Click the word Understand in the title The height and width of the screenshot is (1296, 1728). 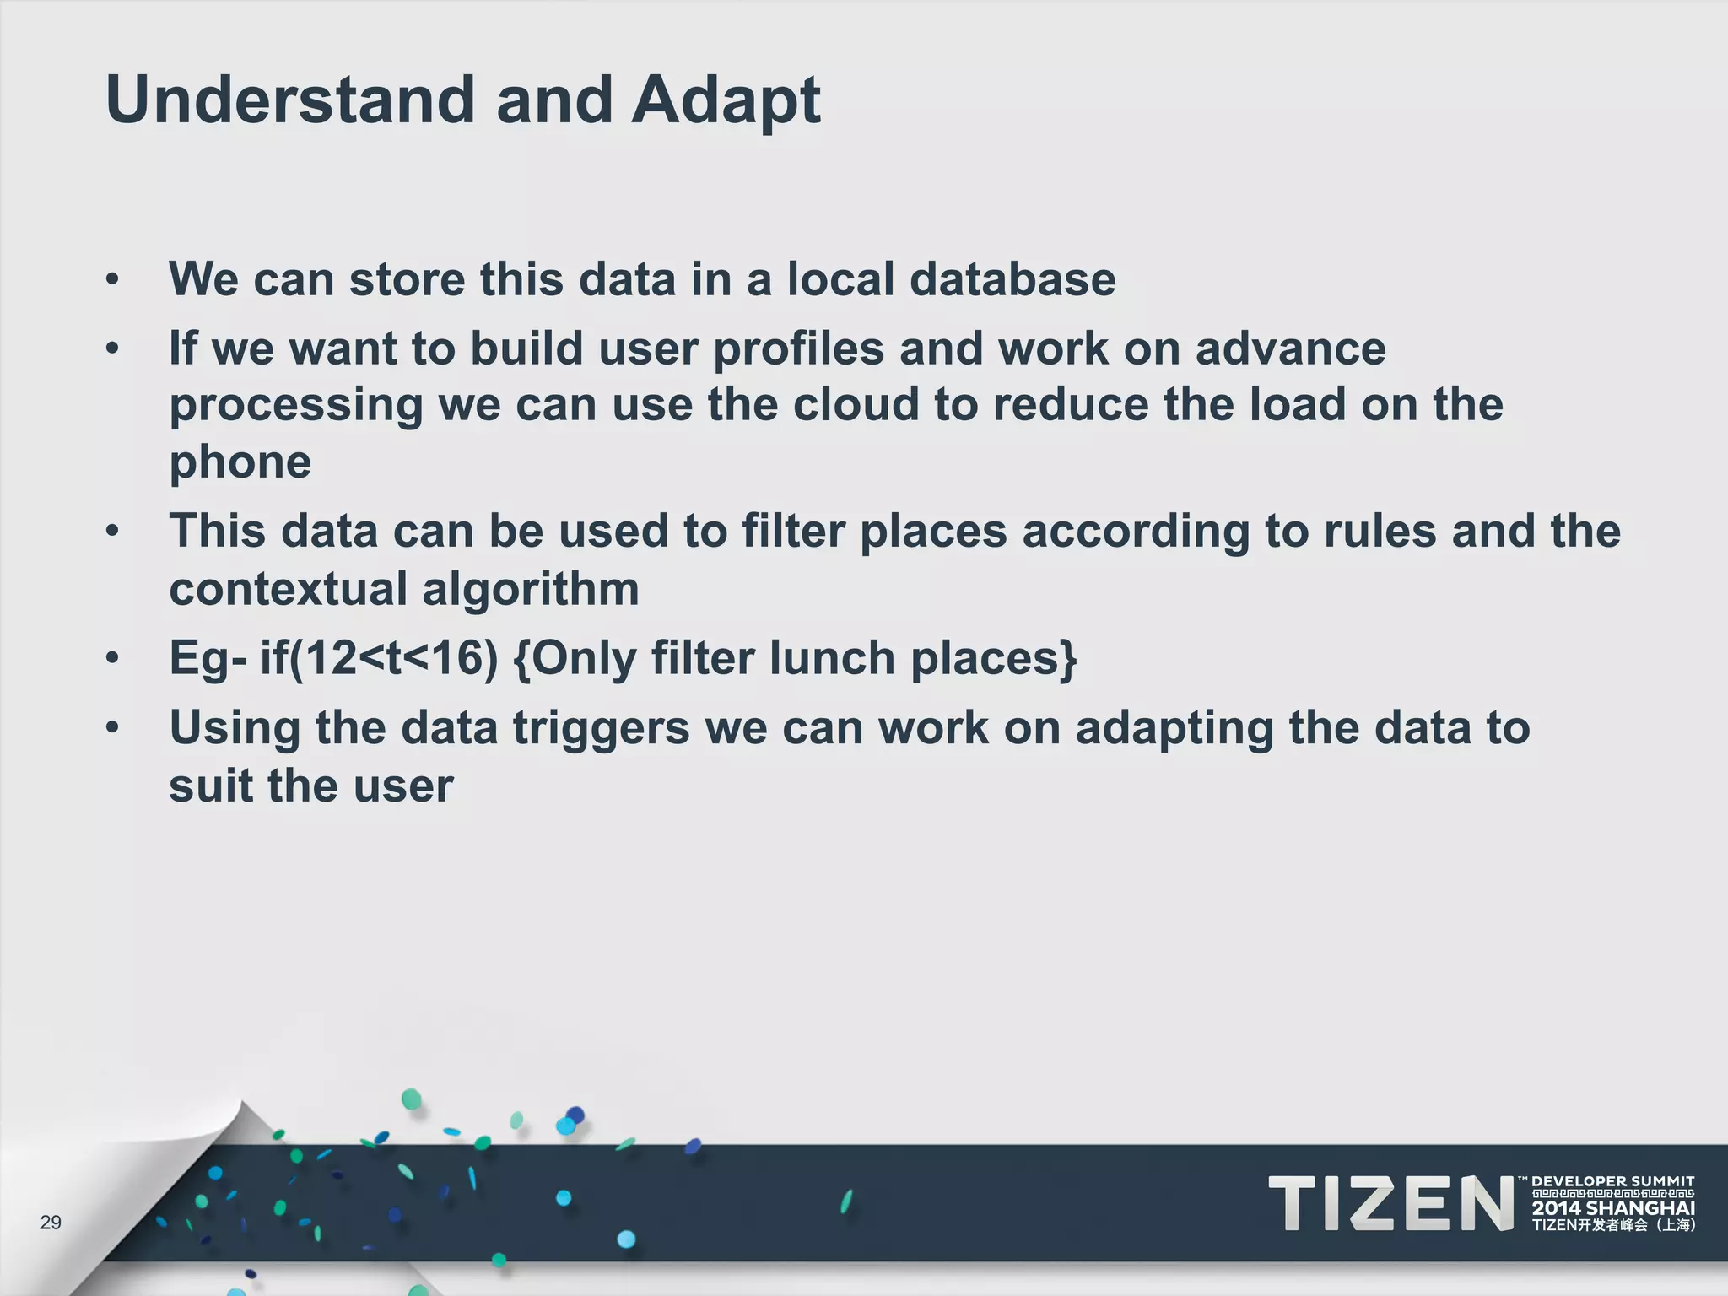coord(290,100)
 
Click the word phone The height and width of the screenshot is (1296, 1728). coord(240,463)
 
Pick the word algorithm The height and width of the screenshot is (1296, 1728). coord(530,589)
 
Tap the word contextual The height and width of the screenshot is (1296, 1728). coord(288,589)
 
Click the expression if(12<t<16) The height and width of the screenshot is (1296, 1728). coord(379,659)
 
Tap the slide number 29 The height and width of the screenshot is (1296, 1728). coord(51,1223)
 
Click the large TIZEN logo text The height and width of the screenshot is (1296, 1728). coord(1390,1204)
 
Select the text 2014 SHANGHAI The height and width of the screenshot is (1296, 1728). coord(1613,1208)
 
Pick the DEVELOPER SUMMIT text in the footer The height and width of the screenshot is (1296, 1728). coord(1612,1182)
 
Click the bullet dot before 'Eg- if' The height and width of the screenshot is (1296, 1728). coord(113,657)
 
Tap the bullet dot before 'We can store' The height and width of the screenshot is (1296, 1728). coord(113,279)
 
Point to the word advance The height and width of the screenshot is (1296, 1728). coord(1290,350)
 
